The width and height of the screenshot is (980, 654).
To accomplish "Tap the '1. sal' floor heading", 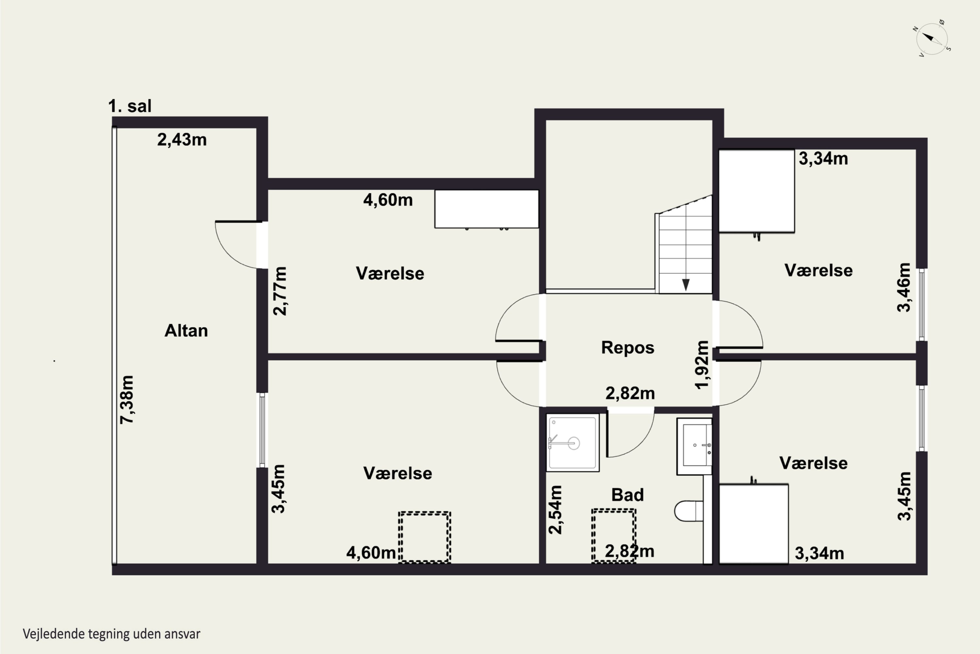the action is click(130, 106).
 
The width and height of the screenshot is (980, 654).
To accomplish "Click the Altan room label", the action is click(186, 331).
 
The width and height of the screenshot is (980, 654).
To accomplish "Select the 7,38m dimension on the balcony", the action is click(127, 400).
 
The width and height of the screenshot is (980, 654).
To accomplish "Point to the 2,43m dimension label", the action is click(182, 140).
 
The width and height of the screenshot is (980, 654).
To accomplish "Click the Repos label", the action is click(628, 347).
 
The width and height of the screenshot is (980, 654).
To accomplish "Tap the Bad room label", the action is click(628, 495).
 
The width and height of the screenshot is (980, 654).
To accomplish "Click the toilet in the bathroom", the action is click(688, 511).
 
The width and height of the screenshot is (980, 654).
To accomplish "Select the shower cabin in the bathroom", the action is click(573, 442).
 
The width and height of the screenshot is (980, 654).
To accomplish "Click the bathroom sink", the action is click(694, 446).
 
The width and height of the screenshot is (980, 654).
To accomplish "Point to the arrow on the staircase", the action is click(685, 284).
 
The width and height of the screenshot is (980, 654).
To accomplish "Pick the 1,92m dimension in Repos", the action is click(702, 365).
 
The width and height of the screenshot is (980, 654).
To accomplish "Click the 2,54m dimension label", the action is click(555, 510).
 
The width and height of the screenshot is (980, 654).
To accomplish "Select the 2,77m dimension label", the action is click(280, 291).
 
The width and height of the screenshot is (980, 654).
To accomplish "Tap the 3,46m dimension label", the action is click(904, 287).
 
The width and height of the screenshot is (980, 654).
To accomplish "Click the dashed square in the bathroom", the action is click(614, 536).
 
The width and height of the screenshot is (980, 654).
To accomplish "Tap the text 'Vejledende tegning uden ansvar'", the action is click(112, 634).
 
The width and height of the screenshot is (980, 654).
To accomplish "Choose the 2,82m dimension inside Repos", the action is click(630, 393).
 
